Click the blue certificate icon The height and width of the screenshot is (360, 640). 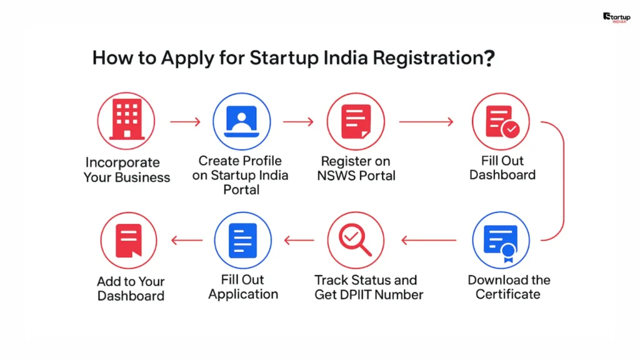click(501, 241)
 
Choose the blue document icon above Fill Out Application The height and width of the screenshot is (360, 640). click(242, 241)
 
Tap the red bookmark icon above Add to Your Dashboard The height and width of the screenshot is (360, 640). click(129, 241)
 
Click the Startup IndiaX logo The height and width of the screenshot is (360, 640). click(616, 17)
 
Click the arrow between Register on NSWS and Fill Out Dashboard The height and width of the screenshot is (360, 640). click(426, 121)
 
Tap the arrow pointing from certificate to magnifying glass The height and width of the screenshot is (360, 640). click(428, 240)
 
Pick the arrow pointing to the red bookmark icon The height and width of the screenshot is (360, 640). click(187, 240)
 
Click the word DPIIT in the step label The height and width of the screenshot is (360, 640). click(362, 294)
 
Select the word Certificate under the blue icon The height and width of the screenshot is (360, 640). click(507, 294)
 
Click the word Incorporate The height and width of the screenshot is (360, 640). click(122, 162)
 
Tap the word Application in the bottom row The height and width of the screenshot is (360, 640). click(243, 294)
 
